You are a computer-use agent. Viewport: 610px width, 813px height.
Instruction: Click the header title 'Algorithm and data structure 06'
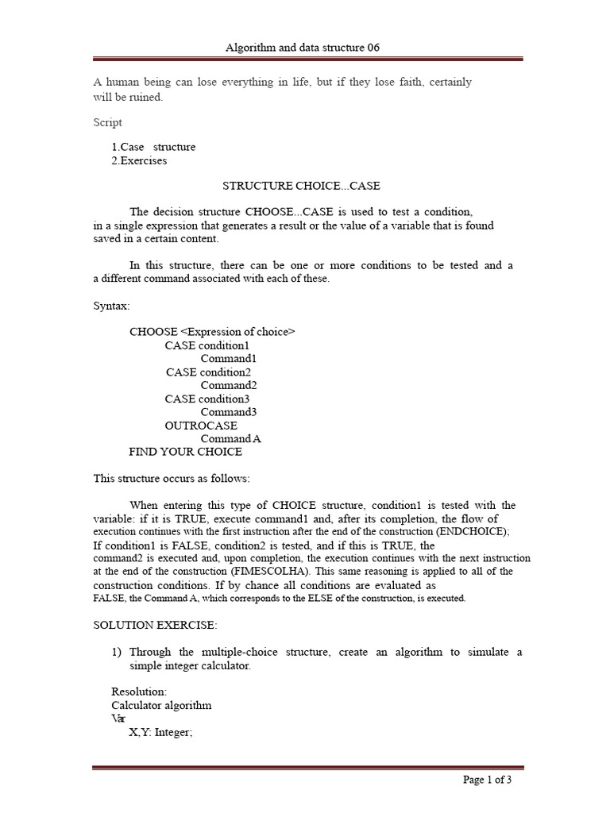[303, 48]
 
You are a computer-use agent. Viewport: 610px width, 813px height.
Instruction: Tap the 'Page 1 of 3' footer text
[487, 780]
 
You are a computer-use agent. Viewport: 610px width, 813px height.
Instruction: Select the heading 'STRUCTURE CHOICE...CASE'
[301, 186]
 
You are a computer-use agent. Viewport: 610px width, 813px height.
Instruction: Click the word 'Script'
[108, 122]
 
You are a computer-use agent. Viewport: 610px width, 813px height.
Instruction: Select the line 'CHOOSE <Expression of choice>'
[212, 332]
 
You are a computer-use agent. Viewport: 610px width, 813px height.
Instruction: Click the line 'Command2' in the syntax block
[228, 385]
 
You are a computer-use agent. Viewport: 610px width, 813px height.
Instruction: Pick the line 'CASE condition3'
[207, 399]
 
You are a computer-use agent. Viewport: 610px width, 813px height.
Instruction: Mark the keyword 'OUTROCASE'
[201, 426]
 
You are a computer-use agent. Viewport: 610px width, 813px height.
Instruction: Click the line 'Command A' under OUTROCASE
[230, 438]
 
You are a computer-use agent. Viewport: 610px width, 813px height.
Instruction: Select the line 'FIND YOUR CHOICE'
[185, 452]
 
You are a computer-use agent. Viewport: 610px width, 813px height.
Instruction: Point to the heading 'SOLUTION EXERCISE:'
[155, 625]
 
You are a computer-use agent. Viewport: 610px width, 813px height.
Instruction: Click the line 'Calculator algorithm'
[161, 705]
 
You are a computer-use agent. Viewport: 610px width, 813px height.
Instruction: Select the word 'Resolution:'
[139, 692]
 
